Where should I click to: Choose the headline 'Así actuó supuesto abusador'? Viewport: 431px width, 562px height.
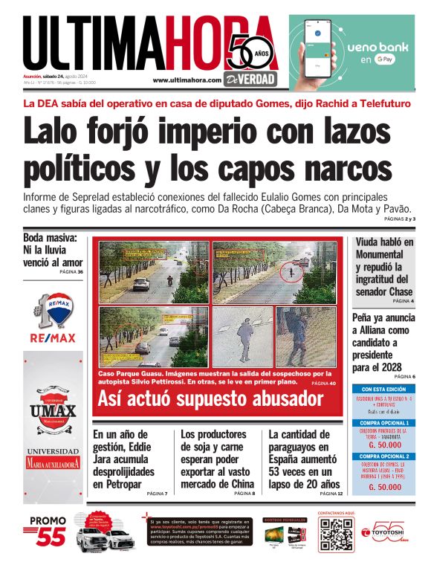[x=210, y=399]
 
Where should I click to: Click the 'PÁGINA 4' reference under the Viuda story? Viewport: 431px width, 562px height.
[x=403, y=302]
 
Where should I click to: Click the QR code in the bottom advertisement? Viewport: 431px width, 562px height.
[x=336, y=534]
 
